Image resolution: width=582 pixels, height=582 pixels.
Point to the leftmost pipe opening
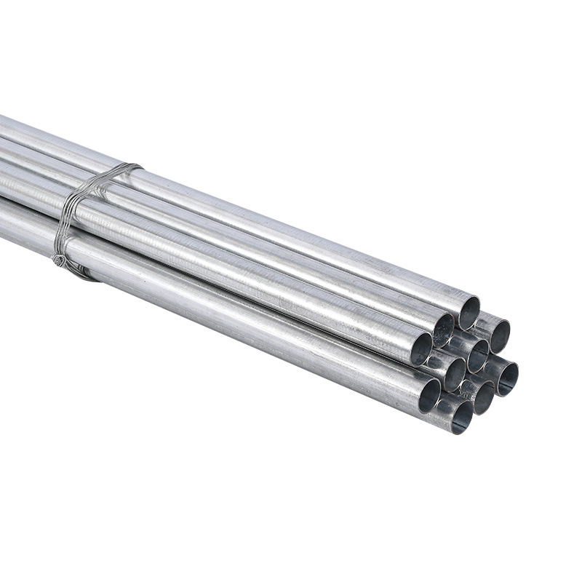pos(421,348)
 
